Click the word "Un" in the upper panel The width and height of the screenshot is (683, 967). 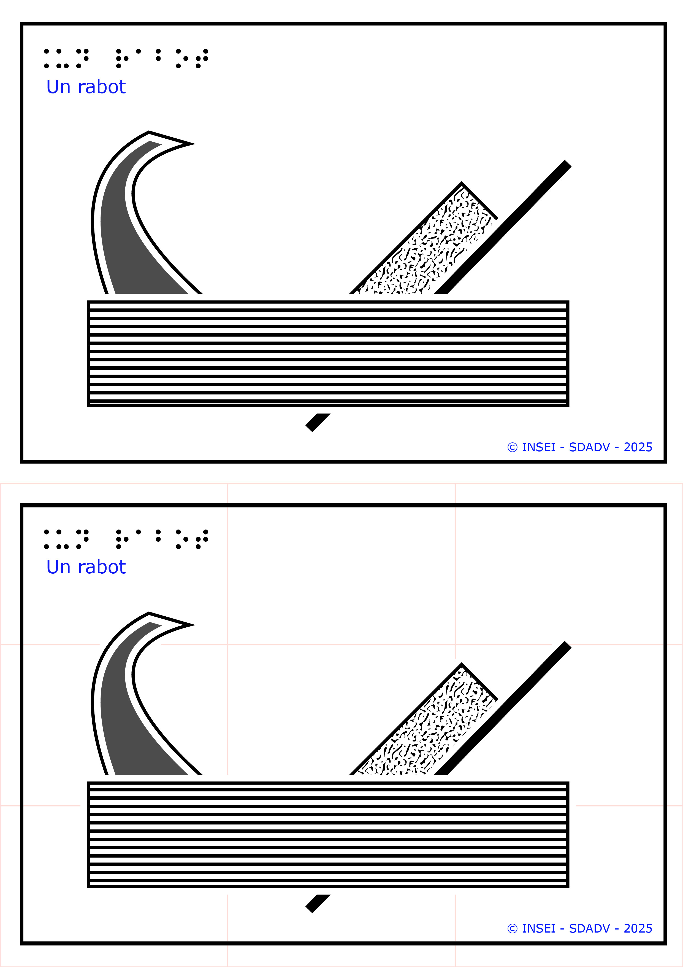point(58,87)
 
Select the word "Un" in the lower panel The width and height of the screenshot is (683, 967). point(58,567)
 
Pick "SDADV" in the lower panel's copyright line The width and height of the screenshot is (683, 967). point(589,928)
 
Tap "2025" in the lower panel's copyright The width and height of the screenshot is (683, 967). point(638,928)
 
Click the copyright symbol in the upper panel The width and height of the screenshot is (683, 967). point(513,447)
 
